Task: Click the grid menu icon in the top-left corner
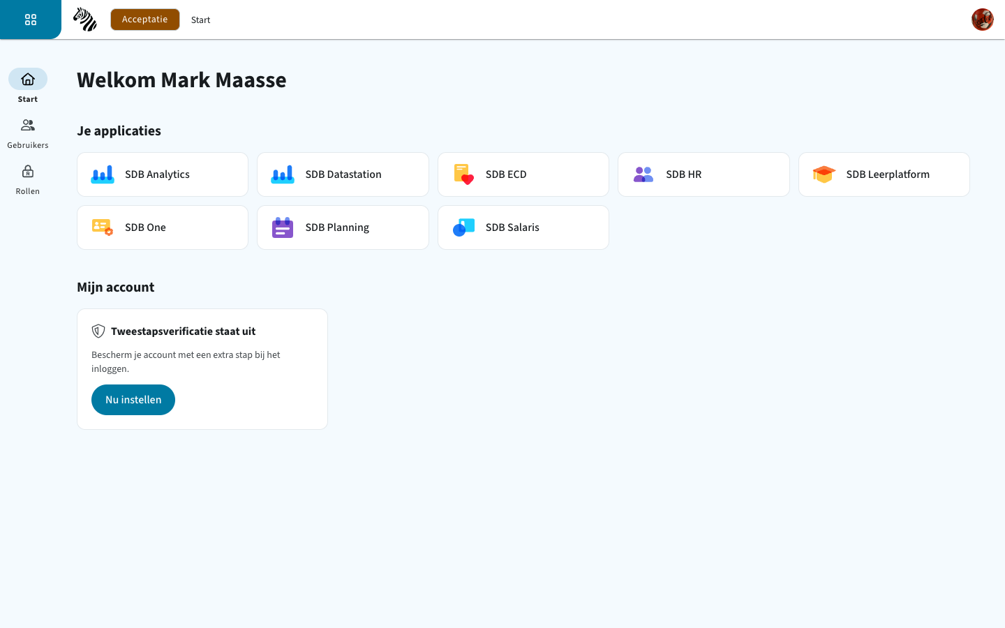pos(31,20)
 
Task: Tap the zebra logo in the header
pos(85,20)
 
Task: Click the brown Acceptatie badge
pos(145,20)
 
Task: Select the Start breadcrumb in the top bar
pos(200,20)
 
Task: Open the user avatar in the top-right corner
pos(983,20)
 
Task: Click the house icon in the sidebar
pos(28,80)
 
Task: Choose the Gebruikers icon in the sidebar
pos(28,125)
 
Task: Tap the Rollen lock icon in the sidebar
pos(28,172)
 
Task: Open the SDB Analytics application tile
pos(163,174)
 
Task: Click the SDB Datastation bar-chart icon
pos(283,174)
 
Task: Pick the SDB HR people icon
pos(643,174)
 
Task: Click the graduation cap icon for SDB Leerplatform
pos(824,174)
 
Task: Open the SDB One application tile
pos(163,227)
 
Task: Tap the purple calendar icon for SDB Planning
pos(283,227)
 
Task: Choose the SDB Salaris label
pos(512,227)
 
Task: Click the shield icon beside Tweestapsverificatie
pos(98,331)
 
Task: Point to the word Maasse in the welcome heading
pos(251,80)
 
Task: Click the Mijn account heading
pos(116,287)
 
